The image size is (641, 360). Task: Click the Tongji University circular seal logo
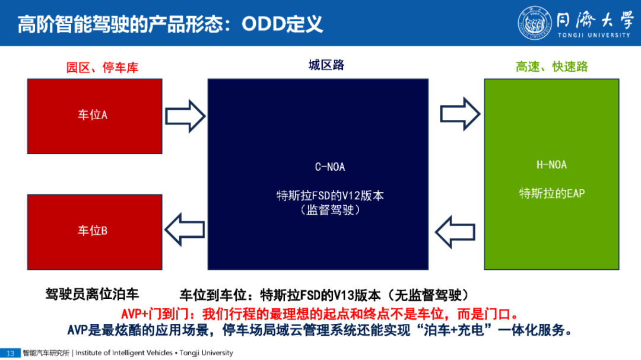point(534,23)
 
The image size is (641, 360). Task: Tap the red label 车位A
point(93,115)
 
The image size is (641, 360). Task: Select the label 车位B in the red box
point(93,231)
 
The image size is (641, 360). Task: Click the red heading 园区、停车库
point(102,68)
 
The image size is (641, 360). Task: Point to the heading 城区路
point(326,65)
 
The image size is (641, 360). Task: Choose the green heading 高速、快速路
point(551,66)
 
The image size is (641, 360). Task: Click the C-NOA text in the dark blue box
point(330,167)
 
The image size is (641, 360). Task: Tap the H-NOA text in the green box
point(551,165)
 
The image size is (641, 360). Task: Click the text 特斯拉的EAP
point(552,193)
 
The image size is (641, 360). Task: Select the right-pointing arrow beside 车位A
point(185,116)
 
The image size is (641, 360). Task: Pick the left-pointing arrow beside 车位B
point(185,230)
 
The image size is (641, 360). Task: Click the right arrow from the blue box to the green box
point(461,114)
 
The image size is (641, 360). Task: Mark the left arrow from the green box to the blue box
point(455,232)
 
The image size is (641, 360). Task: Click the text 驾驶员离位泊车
point(92,294)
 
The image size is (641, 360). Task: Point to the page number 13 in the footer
point(10,353)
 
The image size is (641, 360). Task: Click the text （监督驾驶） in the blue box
point(330,210)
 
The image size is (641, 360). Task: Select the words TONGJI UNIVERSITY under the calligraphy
point(594,35)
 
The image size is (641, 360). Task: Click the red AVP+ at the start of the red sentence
point(135,314)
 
